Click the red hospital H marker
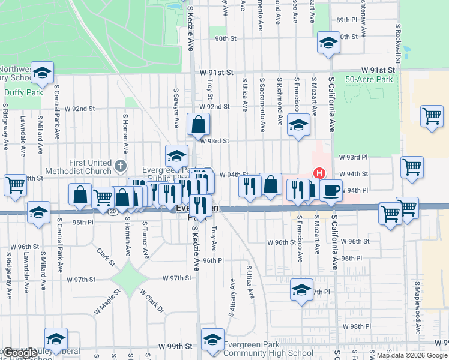319,173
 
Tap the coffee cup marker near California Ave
331,191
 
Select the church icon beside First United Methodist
121,165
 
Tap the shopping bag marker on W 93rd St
199,125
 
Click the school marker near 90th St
328,43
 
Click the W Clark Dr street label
152,301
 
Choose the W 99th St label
175,347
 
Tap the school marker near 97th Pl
301,290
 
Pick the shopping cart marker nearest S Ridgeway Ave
15,185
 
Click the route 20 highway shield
112,211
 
